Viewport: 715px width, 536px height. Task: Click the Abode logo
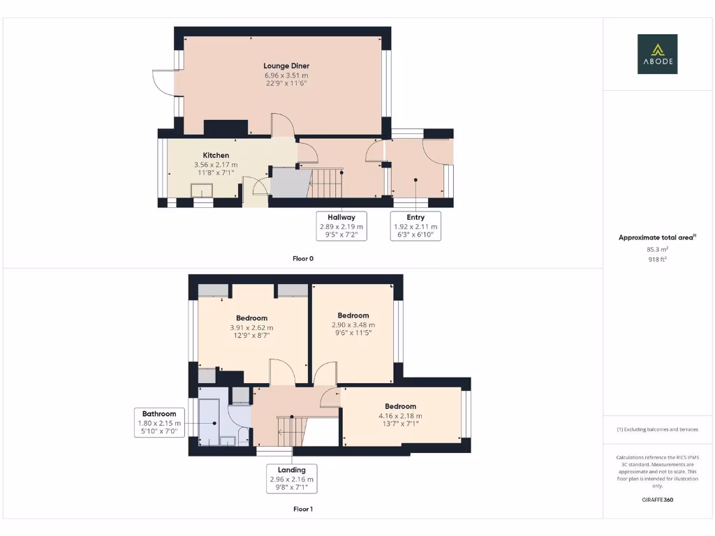point(657,54)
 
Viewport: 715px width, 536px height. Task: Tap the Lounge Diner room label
point(286,66)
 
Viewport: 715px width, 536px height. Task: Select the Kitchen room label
point(216,155)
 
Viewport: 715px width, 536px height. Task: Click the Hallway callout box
point(341,226)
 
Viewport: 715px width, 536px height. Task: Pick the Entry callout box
point(415,226)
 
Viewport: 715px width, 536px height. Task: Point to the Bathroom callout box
point(160,422)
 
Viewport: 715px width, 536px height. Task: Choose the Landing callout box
point(292,479)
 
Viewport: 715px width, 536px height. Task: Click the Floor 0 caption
point(303,258)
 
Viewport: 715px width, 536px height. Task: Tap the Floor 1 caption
point(303,509)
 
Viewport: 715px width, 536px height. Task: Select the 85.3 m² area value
point(657,249)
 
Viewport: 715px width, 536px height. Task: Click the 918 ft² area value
point(657,259)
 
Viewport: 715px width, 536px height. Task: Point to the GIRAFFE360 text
point(657,500)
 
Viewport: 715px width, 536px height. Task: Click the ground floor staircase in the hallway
point(326,184)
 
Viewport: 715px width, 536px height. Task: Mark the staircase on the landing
point(291,430)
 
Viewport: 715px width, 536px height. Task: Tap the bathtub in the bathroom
point(209,422)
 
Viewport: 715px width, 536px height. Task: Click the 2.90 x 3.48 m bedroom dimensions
point(353,325)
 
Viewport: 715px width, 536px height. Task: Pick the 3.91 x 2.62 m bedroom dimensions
point(251,327)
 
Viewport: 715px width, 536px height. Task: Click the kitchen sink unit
point(202,191)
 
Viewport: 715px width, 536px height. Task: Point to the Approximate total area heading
point(656,238)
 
